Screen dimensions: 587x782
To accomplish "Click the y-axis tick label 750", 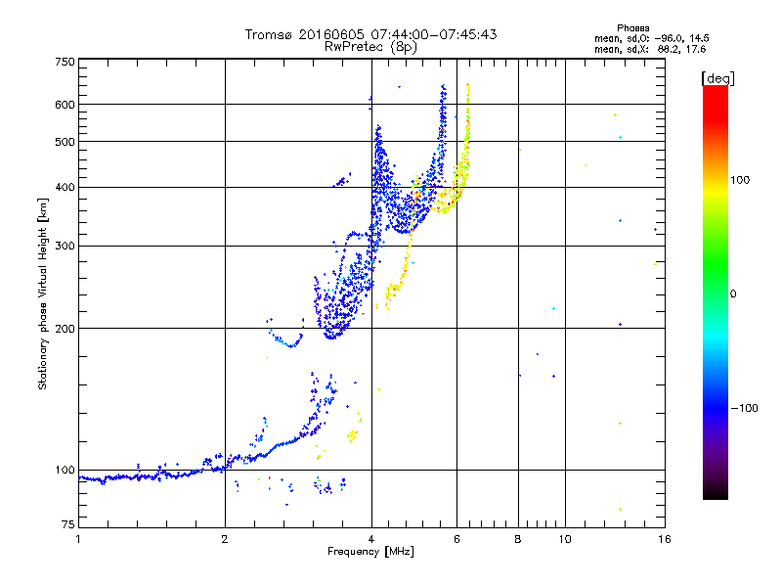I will [x=65, y=62].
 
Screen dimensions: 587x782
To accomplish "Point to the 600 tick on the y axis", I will [x=65, y=105].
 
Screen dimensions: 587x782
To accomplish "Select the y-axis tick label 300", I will [x=65, y=246].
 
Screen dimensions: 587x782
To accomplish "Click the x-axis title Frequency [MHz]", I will [x=370, y=553].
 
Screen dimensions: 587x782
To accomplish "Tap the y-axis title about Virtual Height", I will [x=42, y=293].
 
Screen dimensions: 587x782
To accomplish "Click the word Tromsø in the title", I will [x=270, y=34].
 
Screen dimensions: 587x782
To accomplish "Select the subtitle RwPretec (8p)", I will [x=370, y=46].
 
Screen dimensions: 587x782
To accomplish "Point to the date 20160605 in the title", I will [x=326, y=34].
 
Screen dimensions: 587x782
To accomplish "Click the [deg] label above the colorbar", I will [x=717, y=77].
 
